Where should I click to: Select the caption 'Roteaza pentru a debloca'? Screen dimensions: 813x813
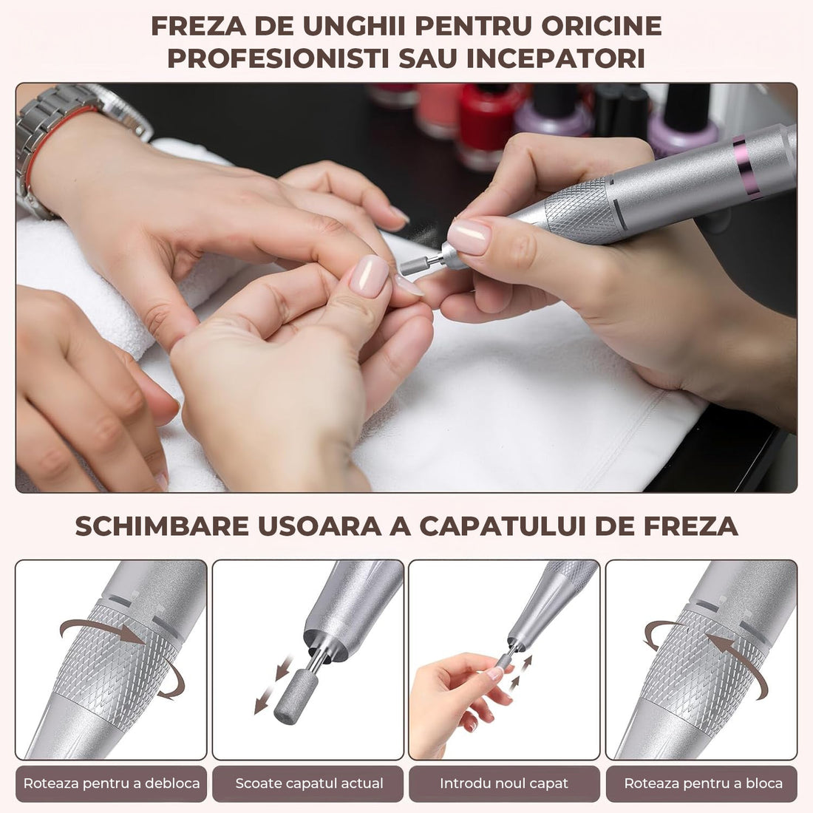pos(112,783)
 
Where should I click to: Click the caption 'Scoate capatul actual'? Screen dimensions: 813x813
pos(309,783)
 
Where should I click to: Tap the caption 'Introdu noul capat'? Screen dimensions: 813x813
pos(504,783)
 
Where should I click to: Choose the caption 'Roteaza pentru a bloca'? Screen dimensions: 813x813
pos(703,783)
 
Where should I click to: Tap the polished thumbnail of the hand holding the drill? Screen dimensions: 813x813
pos(469,237)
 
